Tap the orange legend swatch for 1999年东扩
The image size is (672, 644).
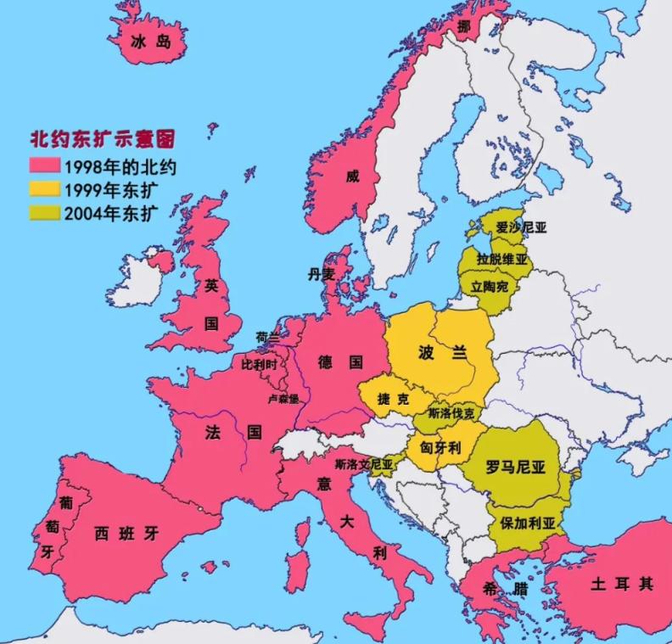click(x=44, y=188)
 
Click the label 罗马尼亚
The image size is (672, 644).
click(x=515, y=468)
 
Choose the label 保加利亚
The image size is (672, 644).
click(x=528, y=523)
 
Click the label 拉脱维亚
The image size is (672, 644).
click(x=502, y=259)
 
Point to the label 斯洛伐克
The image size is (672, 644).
click(x=451, y=414)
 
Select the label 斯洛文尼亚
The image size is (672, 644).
click(x=364, y=465)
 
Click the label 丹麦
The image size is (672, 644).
click(x=322, y=274)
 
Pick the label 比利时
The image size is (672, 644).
click(x=260, y=364)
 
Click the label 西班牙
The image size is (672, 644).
click(x=126, y=534)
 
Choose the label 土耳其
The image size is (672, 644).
click(x=622, y=585)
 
